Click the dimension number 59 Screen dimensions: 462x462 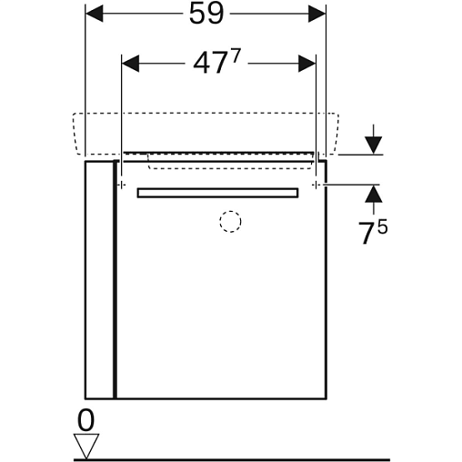[x=206, y=14]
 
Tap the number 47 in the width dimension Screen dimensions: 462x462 [x=210, y=65]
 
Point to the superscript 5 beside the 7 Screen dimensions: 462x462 [x=383, y=226]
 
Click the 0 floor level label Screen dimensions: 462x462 [x=85, y=420]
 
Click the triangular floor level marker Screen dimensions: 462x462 [x=86, y=446]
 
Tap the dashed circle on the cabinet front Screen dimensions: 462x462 [x=230, y=222]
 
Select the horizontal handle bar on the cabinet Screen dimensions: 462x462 [x=217, y=193]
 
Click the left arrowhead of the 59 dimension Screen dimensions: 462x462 [x=95, y=14]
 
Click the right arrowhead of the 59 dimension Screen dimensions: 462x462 [x=316, y=14]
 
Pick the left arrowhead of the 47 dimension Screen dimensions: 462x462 [x=130, y=64]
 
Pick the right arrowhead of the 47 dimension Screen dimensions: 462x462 [x=306, y=64]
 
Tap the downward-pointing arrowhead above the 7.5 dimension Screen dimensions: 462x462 [x=374, y=146]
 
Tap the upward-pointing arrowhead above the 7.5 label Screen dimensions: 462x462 [x=374, y=194]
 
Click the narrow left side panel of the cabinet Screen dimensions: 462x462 [x=100, y=280]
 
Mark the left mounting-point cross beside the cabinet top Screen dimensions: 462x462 [x=121, y=185]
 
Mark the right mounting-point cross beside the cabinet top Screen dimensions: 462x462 [x=316, y=185]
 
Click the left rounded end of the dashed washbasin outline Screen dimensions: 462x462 [x=75, y=134]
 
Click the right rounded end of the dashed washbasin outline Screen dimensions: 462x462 [x=336, y=134]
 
